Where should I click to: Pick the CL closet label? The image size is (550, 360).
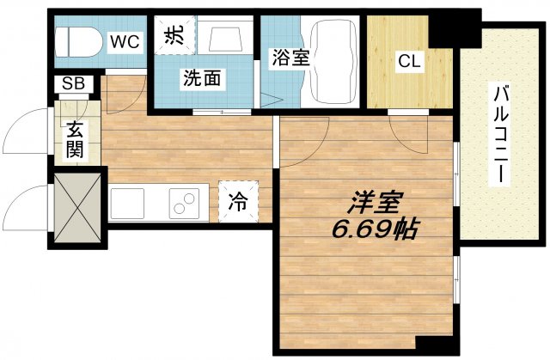click(408, 62)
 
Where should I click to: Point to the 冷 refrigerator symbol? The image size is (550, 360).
click(237, 203)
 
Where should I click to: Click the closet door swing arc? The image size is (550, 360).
click(404, 129)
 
